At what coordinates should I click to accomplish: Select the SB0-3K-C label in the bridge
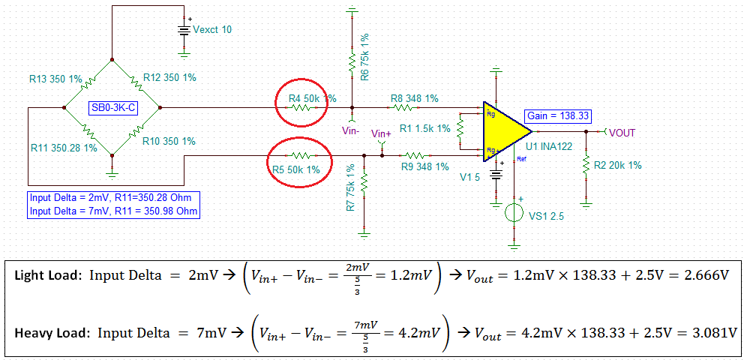(x=113, y=108)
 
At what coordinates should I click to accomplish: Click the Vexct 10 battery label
(x=212, y=29)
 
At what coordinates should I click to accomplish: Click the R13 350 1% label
(x=55, y=77)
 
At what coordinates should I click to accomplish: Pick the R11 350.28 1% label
(x=64, y=148)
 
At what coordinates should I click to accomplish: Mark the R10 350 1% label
(x=169, y=141)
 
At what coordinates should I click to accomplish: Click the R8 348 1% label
(x=414, y=98)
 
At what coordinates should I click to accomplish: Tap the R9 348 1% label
(x=424, y=166)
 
